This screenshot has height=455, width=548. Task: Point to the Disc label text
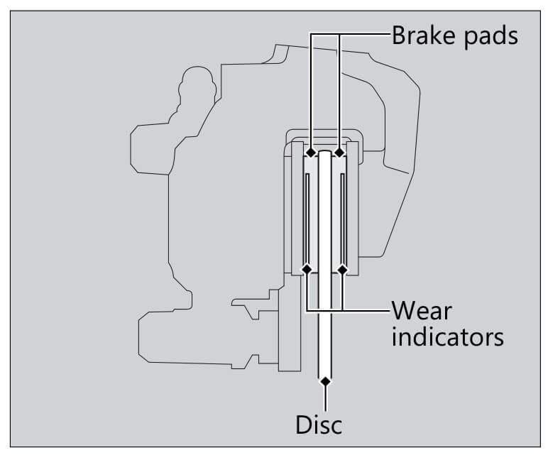point(319,424)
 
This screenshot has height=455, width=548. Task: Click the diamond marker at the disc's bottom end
point(325,382)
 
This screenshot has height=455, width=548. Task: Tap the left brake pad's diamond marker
point(311,153)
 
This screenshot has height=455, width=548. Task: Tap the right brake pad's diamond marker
point(339,153)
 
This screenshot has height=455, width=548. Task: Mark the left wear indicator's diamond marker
point(307,269)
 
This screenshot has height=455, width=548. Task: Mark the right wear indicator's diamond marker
point(343,269)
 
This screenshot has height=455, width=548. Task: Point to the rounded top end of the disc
point(325,153)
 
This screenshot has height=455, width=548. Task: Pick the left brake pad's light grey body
point(313,213)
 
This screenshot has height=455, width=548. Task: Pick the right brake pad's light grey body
point(337,213)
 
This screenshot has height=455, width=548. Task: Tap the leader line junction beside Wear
point(343,311)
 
